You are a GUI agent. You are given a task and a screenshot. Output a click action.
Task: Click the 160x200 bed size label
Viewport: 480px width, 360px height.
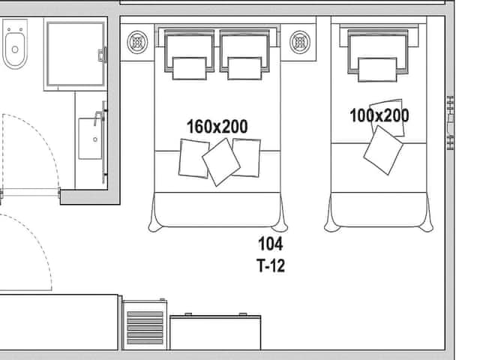click(217, 127)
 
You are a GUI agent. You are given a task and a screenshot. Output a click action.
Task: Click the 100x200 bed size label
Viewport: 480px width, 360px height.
click(379, 115)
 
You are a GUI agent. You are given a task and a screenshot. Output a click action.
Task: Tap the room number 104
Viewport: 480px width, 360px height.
click(271, 244)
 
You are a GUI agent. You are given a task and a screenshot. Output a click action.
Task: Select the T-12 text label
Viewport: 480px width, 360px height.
click(271, 265)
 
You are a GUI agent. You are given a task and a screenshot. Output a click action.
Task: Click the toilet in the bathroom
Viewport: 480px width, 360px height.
click(15, 43)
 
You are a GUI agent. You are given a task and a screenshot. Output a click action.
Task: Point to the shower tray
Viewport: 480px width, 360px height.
click(76, 54)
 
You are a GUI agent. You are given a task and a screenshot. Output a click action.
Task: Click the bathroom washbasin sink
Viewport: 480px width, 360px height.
click(90, 139)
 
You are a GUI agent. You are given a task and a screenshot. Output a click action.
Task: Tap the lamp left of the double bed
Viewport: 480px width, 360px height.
click(137, 42)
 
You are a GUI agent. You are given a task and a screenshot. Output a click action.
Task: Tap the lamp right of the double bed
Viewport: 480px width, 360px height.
click(300, 42)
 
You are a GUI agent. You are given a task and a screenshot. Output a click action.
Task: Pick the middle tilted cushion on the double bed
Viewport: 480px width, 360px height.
click(221, 162)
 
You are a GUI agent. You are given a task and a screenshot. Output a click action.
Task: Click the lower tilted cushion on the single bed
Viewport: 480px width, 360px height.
click(383, 150)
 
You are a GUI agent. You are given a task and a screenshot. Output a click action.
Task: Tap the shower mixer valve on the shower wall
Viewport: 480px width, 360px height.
click(102, 55)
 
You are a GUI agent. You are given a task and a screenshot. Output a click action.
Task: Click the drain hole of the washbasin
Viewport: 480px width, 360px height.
click(95, 139)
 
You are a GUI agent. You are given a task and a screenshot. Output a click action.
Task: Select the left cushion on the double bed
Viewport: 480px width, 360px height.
click(193, 158)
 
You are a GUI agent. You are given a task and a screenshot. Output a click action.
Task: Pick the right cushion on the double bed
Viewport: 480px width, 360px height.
click(247, 157)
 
